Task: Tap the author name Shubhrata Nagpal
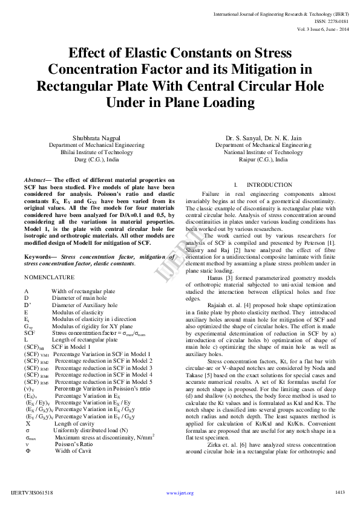click(x=97, y=138)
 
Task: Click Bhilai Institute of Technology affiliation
click(x=97, y=153)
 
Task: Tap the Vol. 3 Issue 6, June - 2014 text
click(x=322, y=28)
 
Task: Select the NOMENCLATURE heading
click(x=50, y=277)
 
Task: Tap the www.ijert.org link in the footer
click(x=180, y=493)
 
